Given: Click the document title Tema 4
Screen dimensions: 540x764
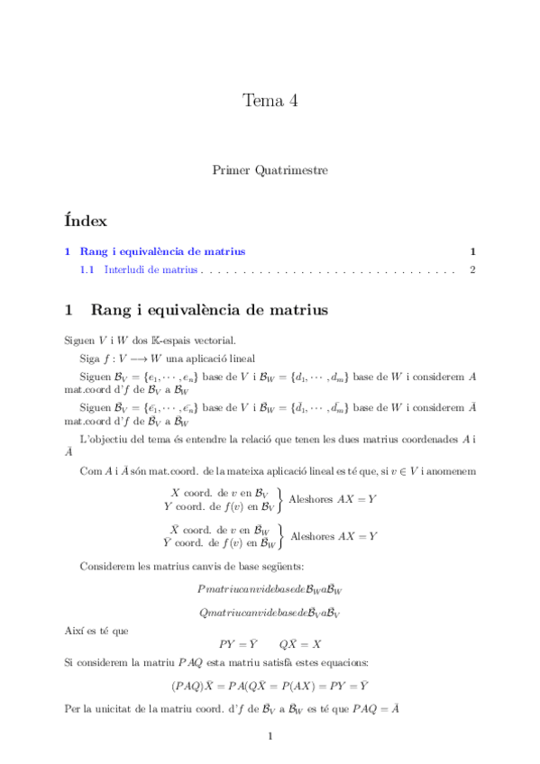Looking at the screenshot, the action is tap(270, 100).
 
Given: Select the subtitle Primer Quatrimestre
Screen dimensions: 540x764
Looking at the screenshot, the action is tap(270, 168).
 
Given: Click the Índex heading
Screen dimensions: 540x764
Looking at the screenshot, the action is tap(86, 220).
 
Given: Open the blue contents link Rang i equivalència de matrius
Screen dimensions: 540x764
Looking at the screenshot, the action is tap(162, 251).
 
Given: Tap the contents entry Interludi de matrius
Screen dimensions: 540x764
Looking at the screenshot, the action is tap(151, 268).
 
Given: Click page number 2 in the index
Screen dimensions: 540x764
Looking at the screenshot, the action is tap(472, 268).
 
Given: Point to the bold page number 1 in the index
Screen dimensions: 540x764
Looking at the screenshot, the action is tap(472, 251).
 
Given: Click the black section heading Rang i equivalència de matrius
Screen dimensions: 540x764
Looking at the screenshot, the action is tap(209, 310).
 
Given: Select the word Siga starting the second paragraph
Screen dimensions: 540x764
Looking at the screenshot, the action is tap(90, 358).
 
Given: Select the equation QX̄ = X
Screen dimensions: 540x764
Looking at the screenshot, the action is tap(302, 644).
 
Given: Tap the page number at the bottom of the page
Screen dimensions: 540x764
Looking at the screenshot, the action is tap(270, 737).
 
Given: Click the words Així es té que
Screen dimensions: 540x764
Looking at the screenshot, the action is tap(96, 631).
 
